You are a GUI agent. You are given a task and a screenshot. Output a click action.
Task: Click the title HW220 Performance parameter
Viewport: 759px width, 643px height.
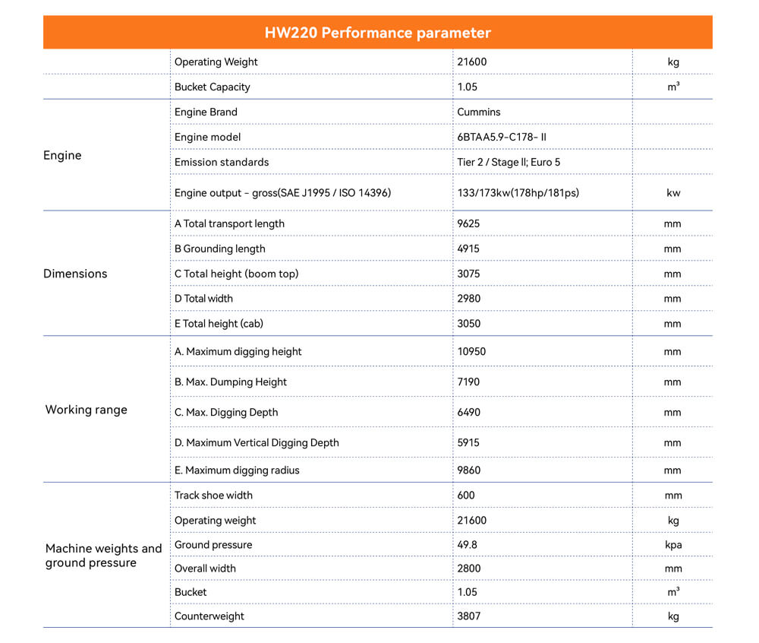coord(377,33)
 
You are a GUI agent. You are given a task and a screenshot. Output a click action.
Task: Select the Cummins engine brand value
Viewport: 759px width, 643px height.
coord(478,112)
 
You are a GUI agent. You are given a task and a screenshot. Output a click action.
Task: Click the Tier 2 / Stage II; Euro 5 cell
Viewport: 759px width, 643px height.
coord(509,162)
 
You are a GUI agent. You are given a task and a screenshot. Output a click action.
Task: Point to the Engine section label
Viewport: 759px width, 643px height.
coord(62,155)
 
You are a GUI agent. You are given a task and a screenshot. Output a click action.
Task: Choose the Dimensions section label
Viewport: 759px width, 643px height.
coord(75,274)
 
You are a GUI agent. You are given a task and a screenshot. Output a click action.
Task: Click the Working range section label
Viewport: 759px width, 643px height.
coord(87,410)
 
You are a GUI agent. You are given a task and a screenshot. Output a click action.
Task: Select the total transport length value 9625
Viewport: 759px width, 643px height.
coord(468,223)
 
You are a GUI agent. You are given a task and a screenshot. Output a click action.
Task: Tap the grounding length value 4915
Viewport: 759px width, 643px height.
coord(468,249)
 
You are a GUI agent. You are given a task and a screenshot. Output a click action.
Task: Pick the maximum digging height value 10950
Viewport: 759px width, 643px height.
coord(471,351)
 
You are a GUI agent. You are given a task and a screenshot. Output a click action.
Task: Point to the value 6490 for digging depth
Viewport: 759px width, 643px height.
coord(468,412)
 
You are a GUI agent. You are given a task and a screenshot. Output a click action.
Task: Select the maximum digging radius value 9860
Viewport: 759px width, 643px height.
coord(468,470)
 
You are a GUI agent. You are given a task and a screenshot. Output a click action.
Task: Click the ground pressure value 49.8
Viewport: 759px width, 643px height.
coord(467,544)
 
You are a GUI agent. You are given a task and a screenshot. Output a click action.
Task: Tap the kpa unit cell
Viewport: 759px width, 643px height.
coord(672,544)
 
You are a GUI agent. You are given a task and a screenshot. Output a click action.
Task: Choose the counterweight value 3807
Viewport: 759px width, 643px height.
coord(468,616)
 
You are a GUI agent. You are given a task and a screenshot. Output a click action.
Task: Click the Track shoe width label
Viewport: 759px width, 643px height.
coord(213,495)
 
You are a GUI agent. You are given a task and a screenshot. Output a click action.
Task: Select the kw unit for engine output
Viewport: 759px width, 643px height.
coord(672,193)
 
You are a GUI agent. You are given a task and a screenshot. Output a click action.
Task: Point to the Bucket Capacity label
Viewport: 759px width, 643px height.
coord(212,87)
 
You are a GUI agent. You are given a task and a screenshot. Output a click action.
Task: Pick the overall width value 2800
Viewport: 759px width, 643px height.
coord(468,568)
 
